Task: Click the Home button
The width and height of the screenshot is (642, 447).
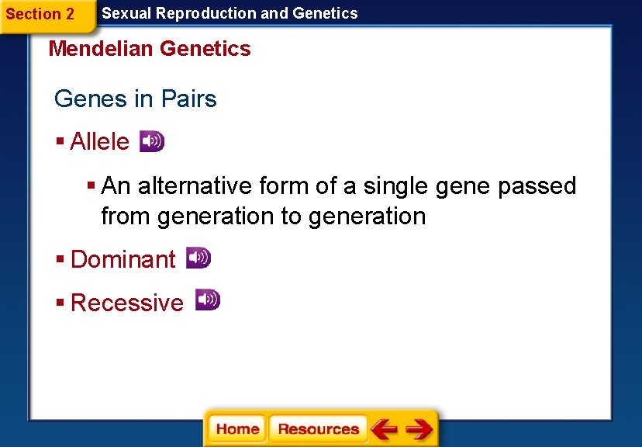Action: pos(237,429)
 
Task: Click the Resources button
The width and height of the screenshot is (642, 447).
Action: pos(318,429)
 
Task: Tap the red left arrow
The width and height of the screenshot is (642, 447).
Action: pos(384,429)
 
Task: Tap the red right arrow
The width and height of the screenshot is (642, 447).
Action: pos(419,429)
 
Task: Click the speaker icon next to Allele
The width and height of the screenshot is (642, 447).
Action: pos(151,141)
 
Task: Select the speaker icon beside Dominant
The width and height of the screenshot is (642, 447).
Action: pos(198,258)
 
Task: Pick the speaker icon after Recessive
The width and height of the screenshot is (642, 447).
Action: pos(207,300)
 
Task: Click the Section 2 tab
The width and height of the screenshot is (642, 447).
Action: pos(40,14)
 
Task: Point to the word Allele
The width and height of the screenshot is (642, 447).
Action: pos(99,142)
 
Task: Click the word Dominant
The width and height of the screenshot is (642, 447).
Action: pos(123,259)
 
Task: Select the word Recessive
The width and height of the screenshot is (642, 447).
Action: pos(127,303)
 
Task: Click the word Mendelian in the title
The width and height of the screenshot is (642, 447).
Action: pos(101,49)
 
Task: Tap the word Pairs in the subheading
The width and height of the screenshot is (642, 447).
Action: pos(189,99)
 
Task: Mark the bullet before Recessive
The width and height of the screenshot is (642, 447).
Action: pos(60,302)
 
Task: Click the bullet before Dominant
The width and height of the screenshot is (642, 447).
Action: pos(60,258)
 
